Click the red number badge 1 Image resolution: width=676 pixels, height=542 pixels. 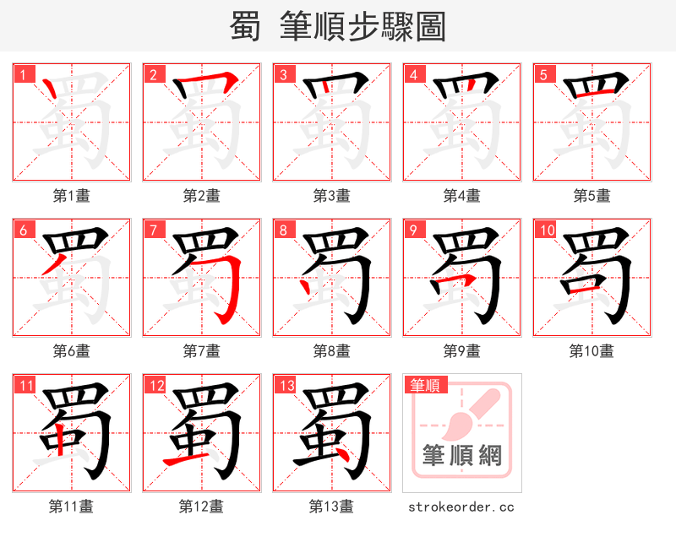coord(22,73)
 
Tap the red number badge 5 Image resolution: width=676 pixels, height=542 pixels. coord(542,73)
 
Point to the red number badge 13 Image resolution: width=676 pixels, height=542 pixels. coord(285,385)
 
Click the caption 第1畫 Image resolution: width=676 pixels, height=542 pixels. coord(71,195)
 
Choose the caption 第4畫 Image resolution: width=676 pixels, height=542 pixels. coord(461,195)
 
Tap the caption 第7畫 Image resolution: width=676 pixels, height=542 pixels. coord(201,350)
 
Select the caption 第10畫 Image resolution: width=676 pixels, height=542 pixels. coord(591,350)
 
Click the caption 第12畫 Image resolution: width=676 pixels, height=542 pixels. coord(201,506)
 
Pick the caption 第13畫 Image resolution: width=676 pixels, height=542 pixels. coord(331,506)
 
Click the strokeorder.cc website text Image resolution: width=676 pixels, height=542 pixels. coord(461,507)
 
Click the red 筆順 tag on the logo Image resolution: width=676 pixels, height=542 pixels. coord(424,385)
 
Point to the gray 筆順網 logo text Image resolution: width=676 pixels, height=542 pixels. coord(462,456)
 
